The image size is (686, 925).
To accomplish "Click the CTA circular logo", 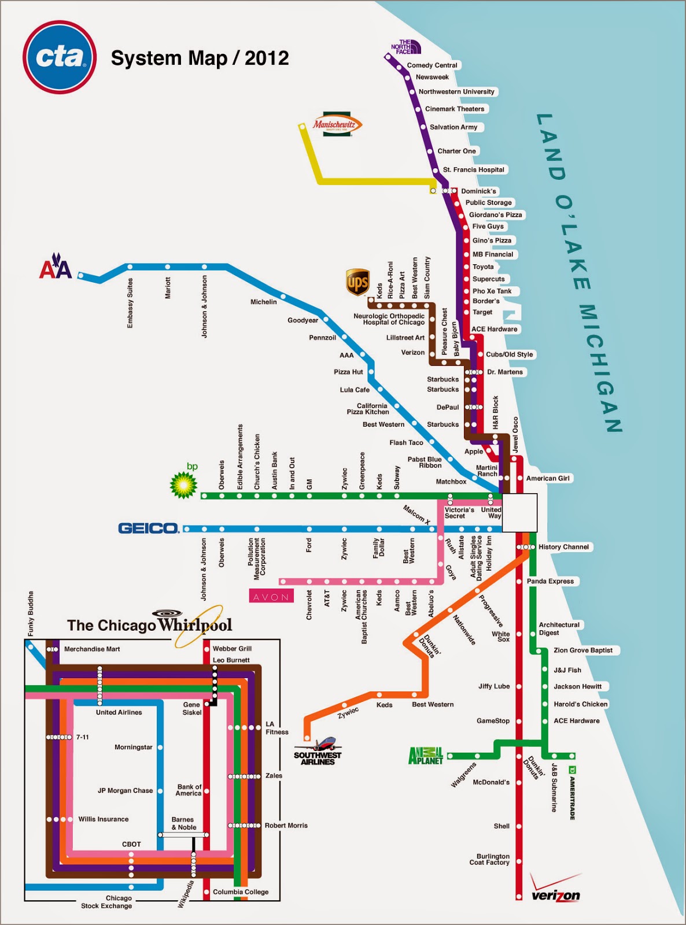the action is coord(59,57).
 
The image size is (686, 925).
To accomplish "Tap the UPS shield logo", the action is coord(357,282).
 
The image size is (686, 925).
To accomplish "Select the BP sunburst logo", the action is coord(183,484).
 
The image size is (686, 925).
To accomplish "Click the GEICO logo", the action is coord(148,528).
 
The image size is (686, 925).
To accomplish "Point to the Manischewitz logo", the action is coord(337,124).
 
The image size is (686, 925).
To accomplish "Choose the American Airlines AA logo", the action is coord(56,267).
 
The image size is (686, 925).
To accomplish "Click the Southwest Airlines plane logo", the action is coord(318,751).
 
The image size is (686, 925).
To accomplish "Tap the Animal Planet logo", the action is coord(426,756).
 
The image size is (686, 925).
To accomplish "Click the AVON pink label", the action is coord(271,597).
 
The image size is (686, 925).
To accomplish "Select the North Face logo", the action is coord(405,47).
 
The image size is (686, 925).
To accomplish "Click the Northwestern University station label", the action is coord(456,91).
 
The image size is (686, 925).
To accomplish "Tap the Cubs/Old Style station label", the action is coord(509,354).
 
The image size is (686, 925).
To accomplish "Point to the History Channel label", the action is coord(563,547).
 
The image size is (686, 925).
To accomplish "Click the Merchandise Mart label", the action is coord(92,649).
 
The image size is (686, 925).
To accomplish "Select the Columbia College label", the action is coord(241,892).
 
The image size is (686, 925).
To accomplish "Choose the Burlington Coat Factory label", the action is coord(493,859).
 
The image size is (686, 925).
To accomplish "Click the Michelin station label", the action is coord(263,302).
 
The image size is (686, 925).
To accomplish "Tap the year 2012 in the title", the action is coord(267,58).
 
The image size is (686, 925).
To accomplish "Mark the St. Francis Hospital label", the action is coord(473,169).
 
